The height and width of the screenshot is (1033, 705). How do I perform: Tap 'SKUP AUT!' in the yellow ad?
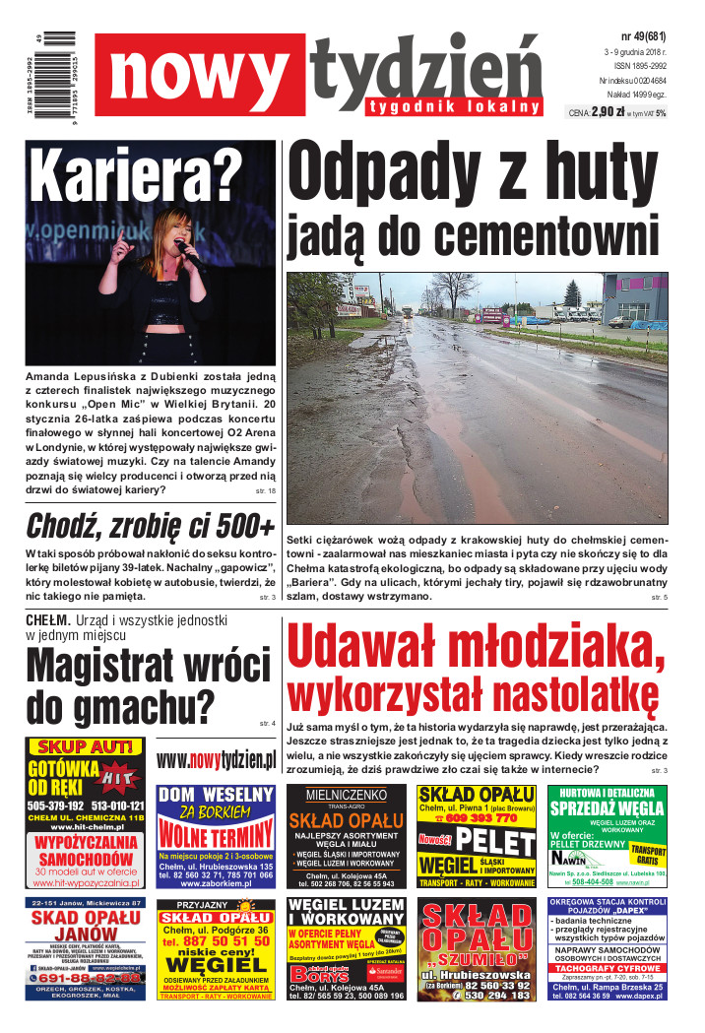[x=86, y=747]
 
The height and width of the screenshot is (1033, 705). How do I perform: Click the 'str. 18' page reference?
[x=265, y=489]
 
